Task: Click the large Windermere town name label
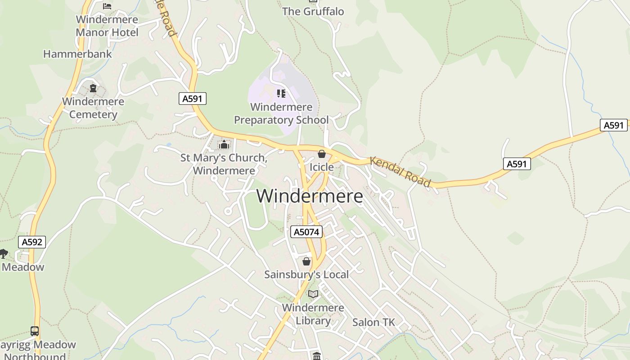[310, 196]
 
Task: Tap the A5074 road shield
[306, 232]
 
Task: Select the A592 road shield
[32, 242]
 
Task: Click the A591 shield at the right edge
[613, 125]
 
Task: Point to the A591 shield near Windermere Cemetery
[193, 99]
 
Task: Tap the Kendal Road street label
[400, 171]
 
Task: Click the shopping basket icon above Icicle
[321, 154]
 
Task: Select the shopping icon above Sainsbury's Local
[306, 261]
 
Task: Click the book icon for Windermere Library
[313, 294]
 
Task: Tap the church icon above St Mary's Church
[224, 144]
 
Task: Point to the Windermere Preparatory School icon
[281, 94]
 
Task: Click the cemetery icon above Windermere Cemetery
[93, 88]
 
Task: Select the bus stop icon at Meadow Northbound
[35, 331]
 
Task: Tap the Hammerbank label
[77, 54]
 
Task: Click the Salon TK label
[373, 322]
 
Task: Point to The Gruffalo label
[313, 12]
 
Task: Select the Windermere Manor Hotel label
[107, 26]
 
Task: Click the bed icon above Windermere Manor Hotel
[107, 6]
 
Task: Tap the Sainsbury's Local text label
[306, 274]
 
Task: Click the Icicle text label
[322, 167]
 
